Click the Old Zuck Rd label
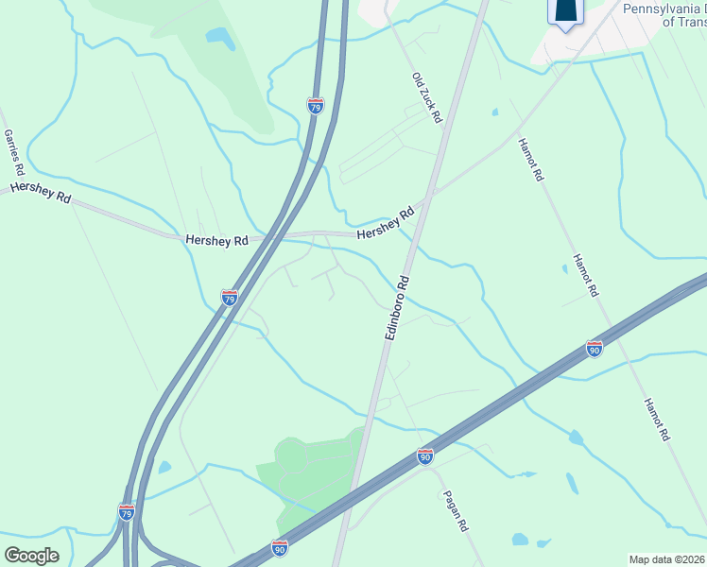(427, 97)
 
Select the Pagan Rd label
(455, 512)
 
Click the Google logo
(31, 555)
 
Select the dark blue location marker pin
(565, 12)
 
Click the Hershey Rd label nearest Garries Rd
(41, 193)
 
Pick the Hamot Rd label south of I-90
(656, 420)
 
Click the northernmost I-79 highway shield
(316, 105)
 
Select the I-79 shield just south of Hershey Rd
(230, 298)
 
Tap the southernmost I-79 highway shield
(127, 511)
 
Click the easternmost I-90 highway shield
(594, 348)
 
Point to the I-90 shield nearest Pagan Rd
(425, 456)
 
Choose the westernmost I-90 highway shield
(279, 547)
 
